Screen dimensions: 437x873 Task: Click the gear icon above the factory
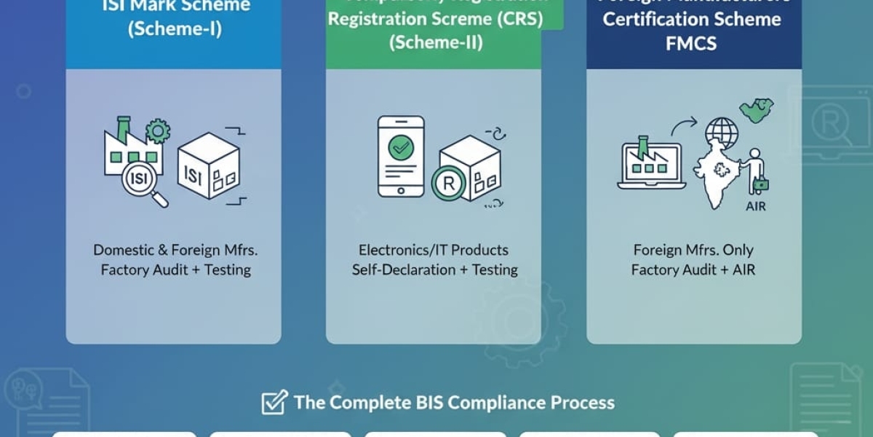[x=157, y=132]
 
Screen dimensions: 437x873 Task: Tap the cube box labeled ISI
[x=208, y=166]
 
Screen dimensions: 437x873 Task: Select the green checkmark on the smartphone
[x=400, y=149]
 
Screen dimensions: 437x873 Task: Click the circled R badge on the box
[x=448, y=184]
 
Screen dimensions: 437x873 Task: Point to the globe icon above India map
[x=721, y=133]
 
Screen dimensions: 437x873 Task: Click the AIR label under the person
[x=755, y=206]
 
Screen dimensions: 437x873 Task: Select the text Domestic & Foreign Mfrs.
[x=175, y=250]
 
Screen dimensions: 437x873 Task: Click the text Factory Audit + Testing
[x=175, y=269]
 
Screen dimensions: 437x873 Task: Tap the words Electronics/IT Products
[x=434, y=250]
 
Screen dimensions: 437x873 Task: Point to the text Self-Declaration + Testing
[x=434, y=269]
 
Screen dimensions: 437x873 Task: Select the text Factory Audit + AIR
[x=693, y=269]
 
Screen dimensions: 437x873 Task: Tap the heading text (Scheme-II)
[x=434, y=42]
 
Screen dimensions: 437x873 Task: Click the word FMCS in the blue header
[x=690, y=43]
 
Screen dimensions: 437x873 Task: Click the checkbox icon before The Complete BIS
[x=274, y=402]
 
